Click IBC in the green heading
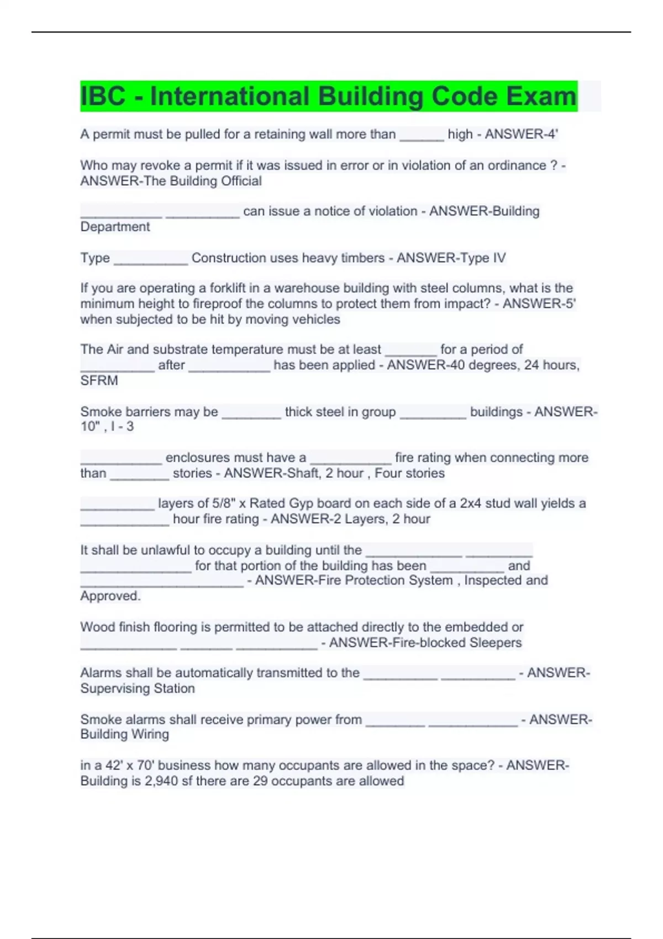pos(103,96)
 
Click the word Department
pos(115,226)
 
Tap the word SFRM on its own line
pos(99,381)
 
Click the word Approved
pos(110,596)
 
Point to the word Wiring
pos(149,735)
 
